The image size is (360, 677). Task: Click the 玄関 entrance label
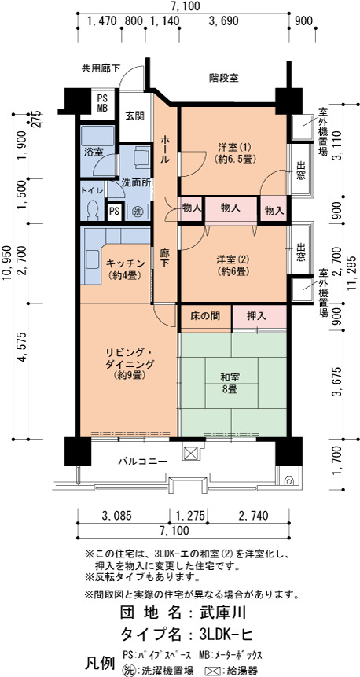[x=134, y=116]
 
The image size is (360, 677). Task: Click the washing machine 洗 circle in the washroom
[x=137, y=212]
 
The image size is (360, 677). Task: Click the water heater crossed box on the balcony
[x=190, y=453]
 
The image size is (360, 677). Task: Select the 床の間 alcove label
[x=205, y=316]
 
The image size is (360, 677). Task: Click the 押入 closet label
[x=256, y=316]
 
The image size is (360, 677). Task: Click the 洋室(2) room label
[x=233, y=265]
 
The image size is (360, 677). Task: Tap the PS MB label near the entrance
[x=102, y=103]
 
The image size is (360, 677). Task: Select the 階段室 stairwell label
[x=223, y=78]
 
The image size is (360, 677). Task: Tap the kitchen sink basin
[x=93, y=259]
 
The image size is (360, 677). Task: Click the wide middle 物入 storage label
[x=230, y=208]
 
